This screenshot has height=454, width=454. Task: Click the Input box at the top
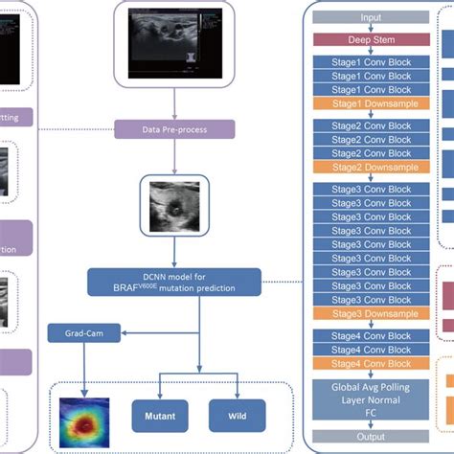(370, 17)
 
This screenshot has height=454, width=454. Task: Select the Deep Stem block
(370, 39)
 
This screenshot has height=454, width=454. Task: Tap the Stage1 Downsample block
(370, 102)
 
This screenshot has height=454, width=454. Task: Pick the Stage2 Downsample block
(370, 167)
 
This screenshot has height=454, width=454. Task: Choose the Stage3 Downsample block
(370, 312)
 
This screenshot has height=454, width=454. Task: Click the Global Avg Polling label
(370, 385)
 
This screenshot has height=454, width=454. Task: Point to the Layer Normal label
(370, 400)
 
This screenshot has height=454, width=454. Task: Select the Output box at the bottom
(370, 436)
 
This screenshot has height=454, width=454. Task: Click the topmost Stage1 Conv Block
(370, 60)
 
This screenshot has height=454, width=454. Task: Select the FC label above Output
(370, 416)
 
